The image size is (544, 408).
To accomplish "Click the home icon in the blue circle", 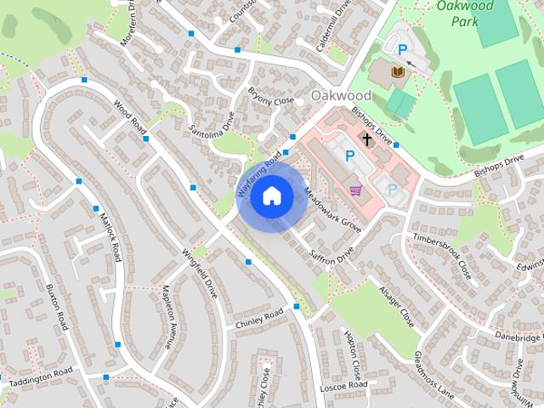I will pyautogui.click(x=271, y=196).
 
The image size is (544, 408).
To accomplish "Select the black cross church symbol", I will pyautogui.click(x=367, y=138).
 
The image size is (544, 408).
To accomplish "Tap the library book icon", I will pyautogui.click(x=396, y=73).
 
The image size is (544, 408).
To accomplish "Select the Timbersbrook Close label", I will pyautogui.click(x=441, y=257).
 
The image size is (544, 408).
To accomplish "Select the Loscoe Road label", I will pyautogui.click(x=343, y=386).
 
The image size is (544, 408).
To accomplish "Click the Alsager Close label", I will pyautogui.click(x=396, y=307).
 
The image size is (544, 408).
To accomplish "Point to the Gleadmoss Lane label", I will pyautogui.click(x=434, y=375).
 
